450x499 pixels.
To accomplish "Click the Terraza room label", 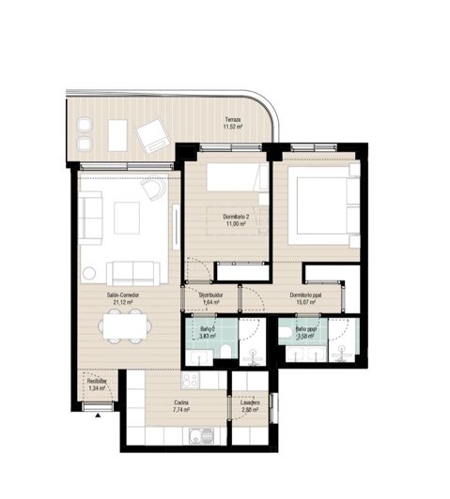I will (231, 119).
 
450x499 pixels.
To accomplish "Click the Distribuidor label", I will (210, 295).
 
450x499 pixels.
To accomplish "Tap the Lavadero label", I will (250, 402).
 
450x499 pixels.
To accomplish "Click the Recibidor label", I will (97, 382).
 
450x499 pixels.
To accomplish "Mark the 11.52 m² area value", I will (231, 127).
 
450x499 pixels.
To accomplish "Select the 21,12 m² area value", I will (124, 302).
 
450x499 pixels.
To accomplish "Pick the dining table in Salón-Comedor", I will (124, 328).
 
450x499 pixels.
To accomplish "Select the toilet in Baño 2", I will (228, 349).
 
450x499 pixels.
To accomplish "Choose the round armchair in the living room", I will (152, 191).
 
